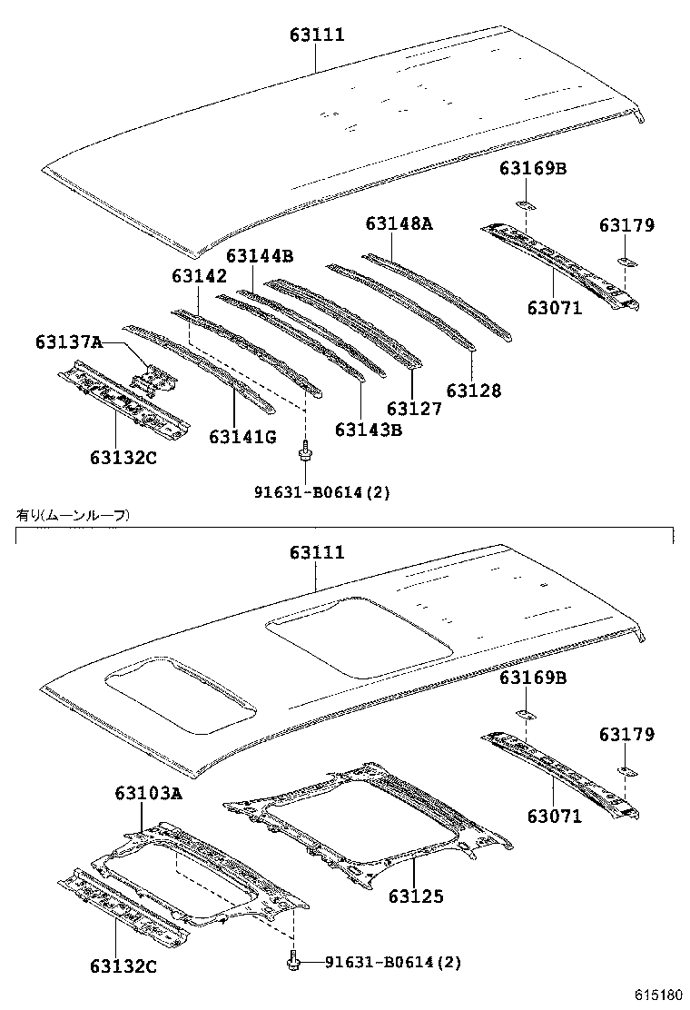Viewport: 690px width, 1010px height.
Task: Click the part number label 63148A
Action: point(399,223)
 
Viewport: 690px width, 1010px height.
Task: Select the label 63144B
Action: point(260,257)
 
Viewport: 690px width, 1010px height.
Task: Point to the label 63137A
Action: point(69,342)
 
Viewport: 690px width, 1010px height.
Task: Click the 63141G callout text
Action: point(242,437)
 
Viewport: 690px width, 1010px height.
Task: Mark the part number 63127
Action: point(414,409)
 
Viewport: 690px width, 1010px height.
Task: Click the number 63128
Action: point(473,391)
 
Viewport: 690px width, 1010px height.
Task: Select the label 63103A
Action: point(148,794)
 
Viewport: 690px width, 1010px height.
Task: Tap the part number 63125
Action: point(417,896)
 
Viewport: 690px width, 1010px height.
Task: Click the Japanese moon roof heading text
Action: point(73,515)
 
